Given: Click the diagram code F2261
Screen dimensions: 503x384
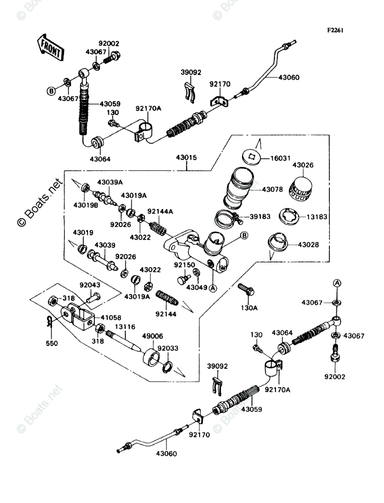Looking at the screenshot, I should coord(335,30).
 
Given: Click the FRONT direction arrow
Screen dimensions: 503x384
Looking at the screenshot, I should coord(51,46).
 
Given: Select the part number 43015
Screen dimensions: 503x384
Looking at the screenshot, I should coord(186,158).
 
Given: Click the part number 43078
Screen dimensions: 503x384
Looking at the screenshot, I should coord(272,189).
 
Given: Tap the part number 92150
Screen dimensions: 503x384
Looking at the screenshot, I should coord(185,265).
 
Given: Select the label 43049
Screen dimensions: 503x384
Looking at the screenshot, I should coord(196,287).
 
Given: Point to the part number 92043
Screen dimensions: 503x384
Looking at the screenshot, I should coord(90,284).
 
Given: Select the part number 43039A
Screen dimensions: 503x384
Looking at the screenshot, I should coord(110,182).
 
